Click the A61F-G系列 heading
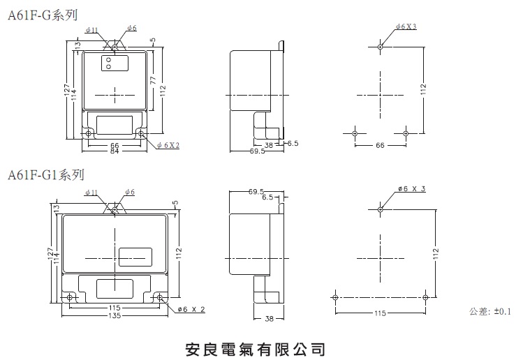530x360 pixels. point(43,15)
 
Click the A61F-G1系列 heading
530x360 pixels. point(46,174)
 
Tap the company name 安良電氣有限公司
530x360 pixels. point(256,350)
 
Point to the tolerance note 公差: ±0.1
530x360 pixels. point(490,311)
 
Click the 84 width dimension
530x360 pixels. point(115,151)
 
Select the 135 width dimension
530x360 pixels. point(115,316)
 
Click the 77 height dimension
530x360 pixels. point(153,80)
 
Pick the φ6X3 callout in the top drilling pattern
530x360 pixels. point(406,27)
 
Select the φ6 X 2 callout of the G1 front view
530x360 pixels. point(191,309)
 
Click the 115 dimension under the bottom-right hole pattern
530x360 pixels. point(380,313)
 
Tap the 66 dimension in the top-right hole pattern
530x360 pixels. point(380,145)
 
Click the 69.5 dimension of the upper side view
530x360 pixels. point(257,151)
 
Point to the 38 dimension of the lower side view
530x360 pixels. point(269,318)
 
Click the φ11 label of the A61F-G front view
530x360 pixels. point(91,30)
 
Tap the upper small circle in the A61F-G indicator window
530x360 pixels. point(108,60)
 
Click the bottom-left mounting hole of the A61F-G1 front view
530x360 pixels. point(69,297)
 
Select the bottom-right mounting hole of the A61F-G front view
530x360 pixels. point(141,134)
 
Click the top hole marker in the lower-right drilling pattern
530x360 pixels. point(381,210)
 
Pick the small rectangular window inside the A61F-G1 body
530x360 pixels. point(135,257)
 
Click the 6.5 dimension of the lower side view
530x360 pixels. point(267,197)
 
